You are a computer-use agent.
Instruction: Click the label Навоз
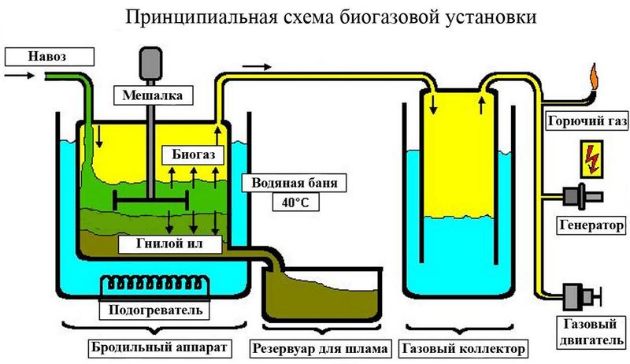click(48, 57)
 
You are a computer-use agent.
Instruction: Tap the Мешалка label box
click(153, 97)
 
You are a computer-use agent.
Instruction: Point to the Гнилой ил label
click(169, 244)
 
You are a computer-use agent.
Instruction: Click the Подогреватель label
click(154, 310)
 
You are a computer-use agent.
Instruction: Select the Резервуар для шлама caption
click(320, 347)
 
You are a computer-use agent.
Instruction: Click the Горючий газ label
click(582, 121)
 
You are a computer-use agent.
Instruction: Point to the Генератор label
click(584, 223)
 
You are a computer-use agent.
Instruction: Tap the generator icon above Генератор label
click(583, 193)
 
